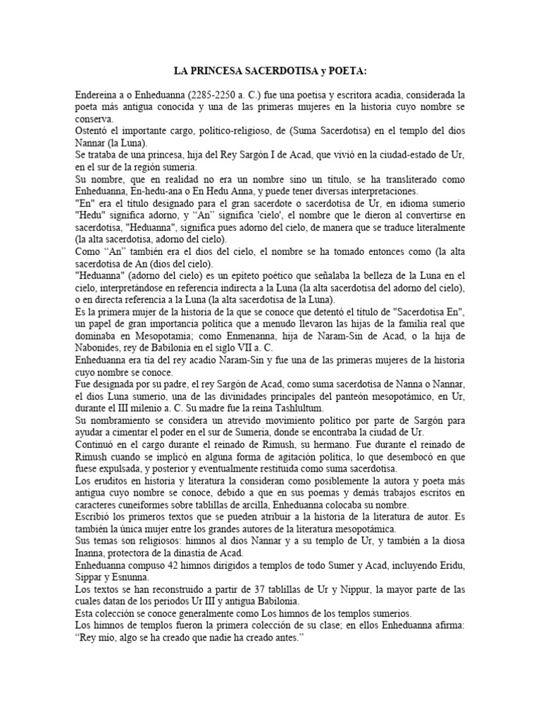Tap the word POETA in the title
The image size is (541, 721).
[x=349, y=70]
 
